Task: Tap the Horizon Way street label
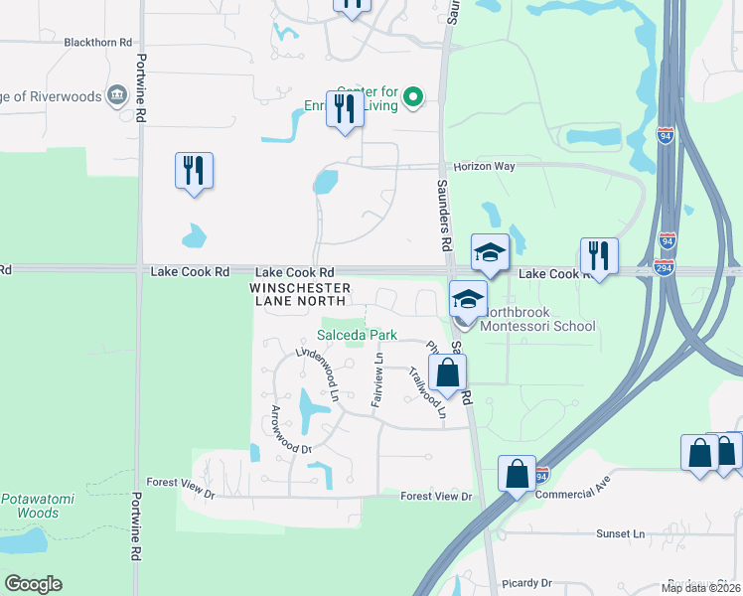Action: [x=485, y=167]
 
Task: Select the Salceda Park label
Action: [x=350, y=336]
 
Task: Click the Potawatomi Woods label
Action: [x=30, y=506]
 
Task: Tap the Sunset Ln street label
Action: [x=621, y=533]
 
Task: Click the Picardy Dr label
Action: [x=527, y=583]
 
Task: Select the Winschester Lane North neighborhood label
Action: [x=313, y=294]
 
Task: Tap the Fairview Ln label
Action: [x=377, y=381]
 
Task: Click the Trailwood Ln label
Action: [x=428, y=391]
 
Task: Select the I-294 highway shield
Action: [x=667, y=267]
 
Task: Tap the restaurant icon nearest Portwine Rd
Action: [x=194, y=170]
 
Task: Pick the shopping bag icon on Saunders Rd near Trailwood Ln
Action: [x=448, y=372]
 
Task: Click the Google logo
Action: [x=33, y=584]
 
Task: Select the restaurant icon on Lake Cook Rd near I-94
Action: [x=599, y=254]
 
